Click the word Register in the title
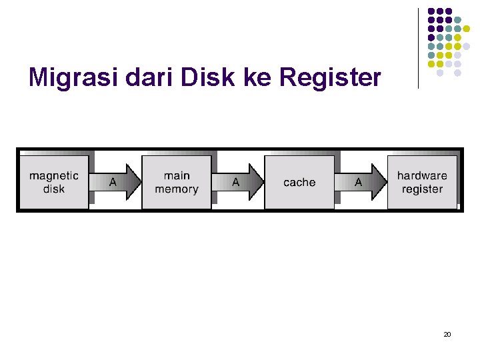pos(331,78)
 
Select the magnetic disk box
pos(54,182)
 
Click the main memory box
pos(177,182)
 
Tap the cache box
pos(299,182)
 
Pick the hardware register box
pos(422,182)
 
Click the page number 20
pos(447,334)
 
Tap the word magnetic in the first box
pos(54,176)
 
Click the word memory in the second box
pos(177,189)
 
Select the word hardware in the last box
pos(422,176)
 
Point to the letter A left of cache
pos(236,182)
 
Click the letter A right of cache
pos(359,182)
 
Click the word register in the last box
pos(422,189)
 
